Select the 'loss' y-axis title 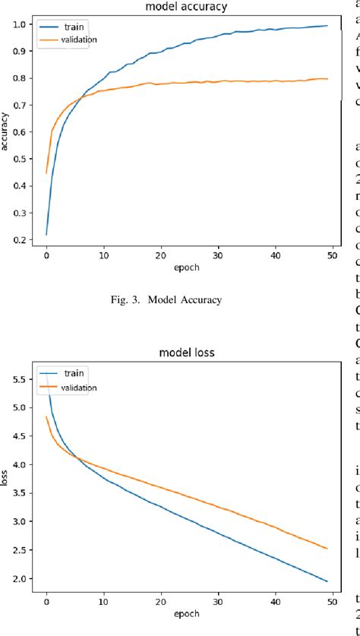7,479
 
